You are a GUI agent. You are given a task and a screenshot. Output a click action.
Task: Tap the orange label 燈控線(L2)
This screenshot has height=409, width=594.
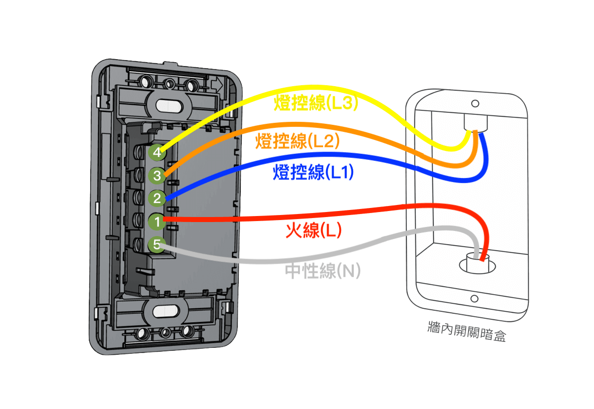click(x=298, y=141)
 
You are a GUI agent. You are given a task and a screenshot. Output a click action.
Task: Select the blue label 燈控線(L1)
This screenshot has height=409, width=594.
click(x=314, y=173)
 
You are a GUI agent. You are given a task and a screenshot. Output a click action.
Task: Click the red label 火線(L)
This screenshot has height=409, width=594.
click(x=314, y=230)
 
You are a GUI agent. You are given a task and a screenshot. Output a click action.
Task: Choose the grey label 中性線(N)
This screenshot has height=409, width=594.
click(x=323, y=271)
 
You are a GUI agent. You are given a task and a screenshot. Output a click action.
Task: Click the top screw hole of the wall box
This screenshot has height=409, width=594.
click(x=474, y=104)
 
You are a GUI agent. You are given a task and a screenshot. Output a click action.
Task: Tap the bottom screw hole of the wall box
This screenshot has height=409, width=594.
click(x=474, y=299)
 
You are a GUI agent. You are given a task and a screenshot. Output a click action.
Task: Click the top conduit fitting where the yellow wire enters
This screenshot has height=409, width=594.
click(x=475, y=123)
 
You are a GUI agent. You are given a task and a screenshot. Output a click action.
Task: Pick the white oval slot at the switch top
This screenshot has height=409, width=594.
click(x=168, y=106)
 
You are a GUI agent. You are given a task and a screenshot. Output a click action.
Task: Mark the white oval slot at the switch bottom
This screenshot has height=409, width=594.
click(x=165, y=311)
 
